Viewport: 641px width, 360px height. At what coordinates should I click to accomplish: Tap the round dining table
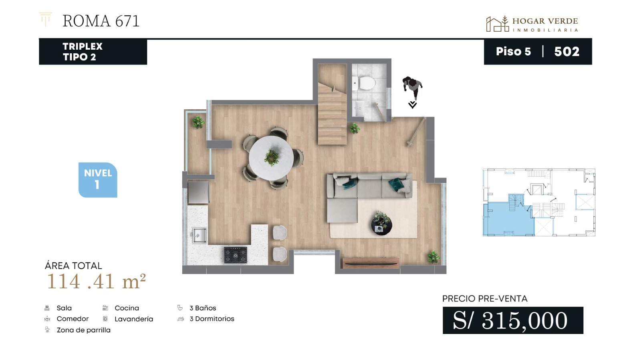click(271, 158)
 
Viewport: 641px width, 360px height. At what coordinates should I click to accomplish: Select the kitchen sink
click(199, 235)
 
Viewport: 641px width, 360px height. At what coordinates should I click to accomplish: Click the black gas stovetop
click(236, 255)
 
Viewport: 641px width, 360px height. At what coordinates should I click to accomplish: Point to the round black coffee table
click(382, 224)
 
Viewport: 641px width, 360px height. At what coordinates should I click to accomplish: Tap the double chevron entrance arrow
click(412, 105)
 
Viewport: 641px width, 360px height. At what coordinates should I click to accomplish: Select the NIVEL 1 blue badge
click(98, 180)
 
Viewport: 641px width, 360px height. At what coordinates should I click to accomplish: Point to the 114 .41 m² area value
click(97, 282)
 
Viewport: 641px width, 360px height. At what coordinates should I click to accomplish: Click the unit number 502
click(566, 52)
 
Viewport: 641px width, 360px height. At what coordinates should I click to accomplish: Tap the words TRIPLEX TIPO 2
click(83, 52)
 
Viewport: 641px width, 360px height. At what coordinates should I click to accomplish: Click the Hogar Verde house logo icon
click(497, 24)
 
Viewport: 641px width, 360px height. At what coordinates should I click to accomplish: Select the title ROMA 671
click(101, 21)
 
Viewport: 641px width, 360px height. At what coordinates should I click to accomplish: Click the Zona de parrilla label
click(84, 330)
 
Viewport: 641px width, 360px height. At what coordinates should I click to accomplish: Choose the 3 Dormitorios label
click(212, 318)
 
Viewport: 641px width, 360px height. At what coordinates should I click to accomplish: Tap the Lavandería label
click(134, 319)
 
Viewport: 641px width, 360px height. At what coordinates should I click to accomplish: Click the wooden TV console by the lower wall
click(371, 263)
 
